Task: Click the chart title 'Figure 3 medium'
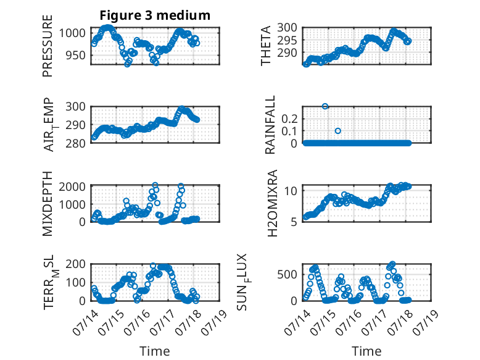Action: point(155,15)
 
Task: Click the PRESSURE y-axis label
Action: point(48,46)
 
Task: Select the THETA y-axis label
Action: point(266,46)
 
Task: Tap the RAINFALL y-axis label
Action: point(270,125)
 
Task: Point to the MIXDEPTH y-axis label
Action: point(48,204)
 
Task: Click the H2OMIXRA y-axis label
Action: point(272,203)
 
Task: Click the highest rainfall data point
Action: point(325,106)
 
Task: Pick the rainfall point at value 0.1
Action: point(337,131)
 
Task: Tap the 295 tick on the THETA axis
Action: point(287,40)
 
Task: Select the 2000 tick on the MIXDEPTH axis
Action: point(72,186)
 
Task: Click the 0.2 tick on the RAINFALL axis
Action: point(289,119)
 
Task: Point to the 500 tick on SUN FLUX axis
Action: point(287,274)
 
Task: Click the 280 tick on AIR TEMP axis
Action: point(76,143)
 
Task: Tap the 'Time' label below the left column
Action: point(155,351)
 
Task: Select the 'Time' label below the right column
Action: point(366,351)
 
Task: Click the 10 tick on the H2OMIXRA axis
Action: point(291,191)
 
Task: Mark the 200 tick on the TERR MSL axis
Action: point(76,264)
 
